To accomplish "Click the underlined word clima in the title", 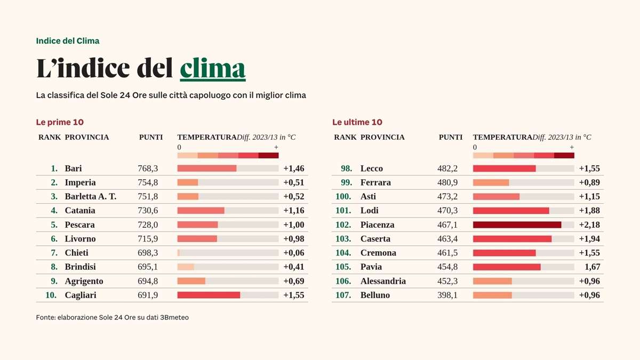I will (213, 68).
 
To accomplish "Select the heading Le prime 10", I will (60, 122).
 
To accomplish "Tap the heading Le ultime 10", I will (357, 122).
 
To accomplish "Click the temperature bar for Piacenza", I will (517, 225).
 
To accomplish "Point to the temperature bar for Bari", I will (207, 169).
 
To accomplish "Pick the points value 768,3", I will (148, 169).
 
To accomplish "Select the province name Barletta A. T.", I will (90, 196).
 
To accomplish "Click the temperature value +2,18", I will (589, 225).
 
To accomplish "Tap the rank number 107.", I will (343, 295).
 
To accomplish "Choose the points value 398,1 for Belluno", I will (447, 295).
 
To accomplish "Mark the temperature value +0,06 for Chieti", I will (294, 253).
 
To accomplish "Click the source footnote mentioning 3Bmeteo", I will (112, 317).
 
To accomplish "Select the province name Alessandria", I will (383, 281).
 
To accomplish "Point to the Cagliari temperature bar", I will (209, 295).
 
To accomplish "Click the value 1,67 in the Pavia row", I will (592, 267).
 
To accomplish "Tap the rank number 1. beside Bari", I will (54, 169).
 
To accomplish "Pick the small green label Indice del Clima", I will (68, 41).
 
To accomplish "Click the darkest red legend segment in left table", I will (268, 155).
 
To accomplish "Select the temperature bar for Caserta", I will (512, 239).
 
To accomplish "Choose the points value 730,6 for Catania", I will (148, 211).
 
